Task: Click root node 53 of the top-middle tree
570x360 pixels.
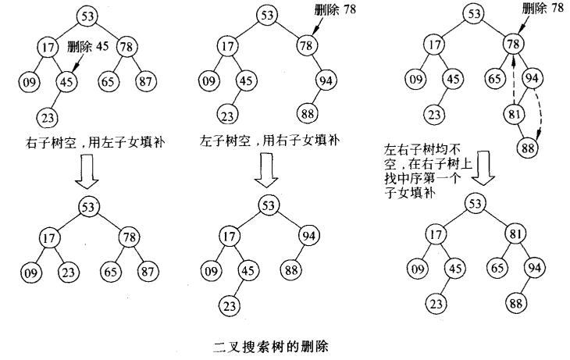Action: [268, 16]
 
